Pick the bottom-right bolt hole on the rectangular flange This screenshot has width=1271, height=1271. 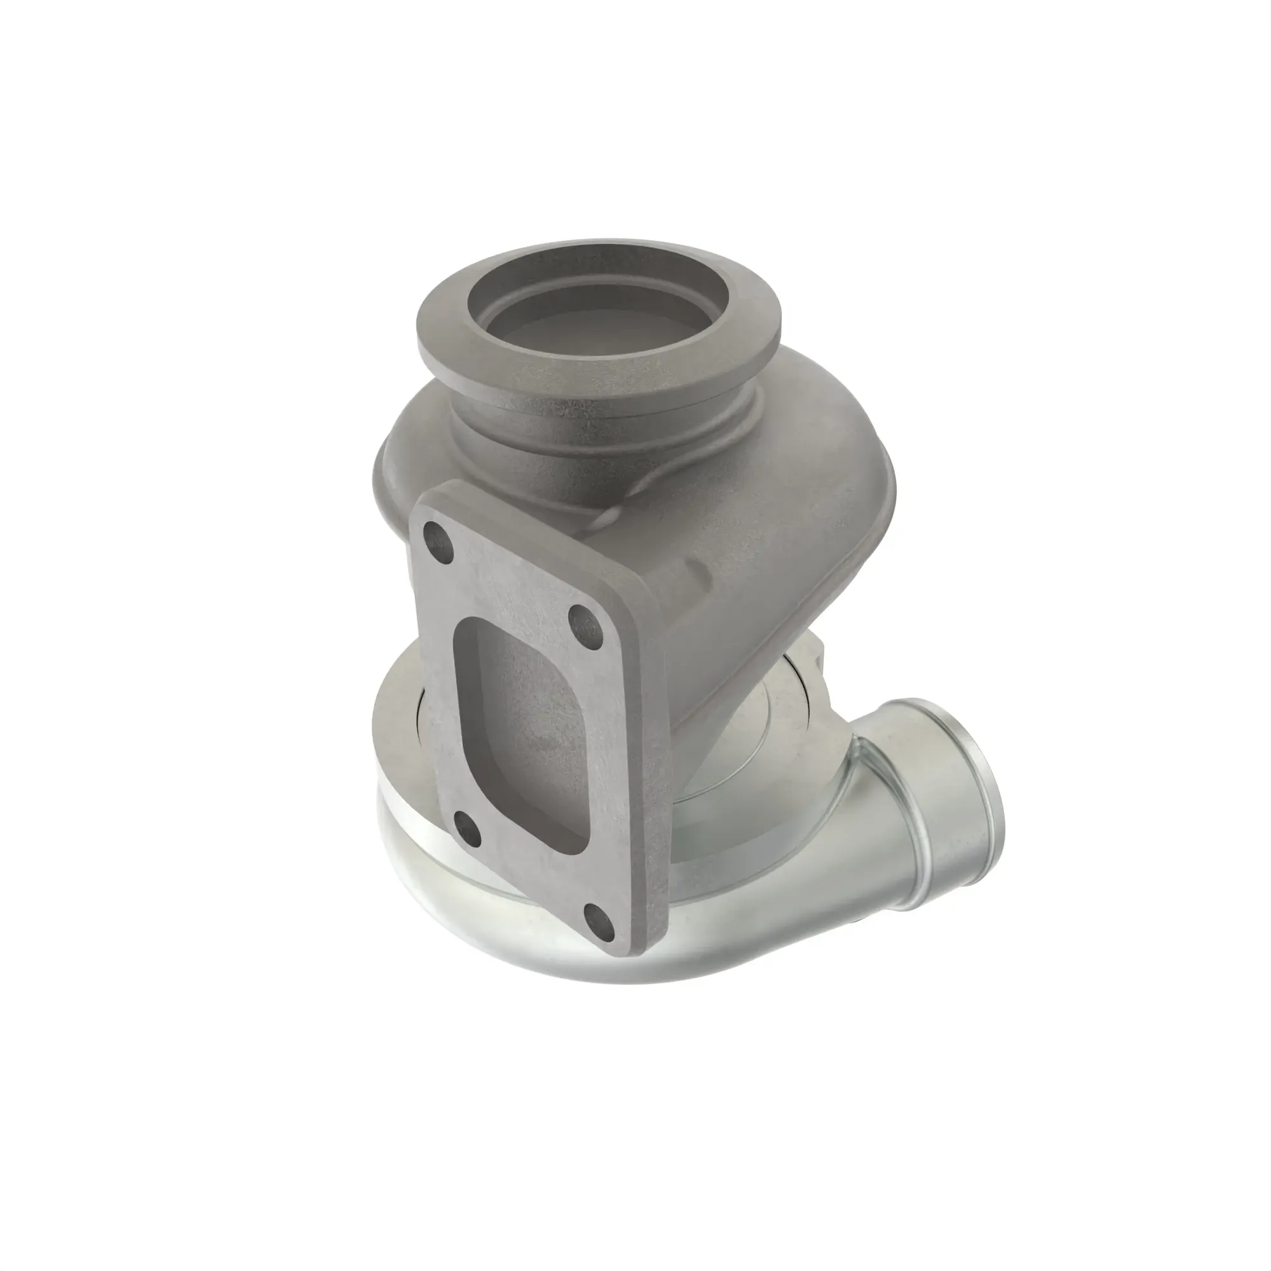[x=598, y=916]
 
